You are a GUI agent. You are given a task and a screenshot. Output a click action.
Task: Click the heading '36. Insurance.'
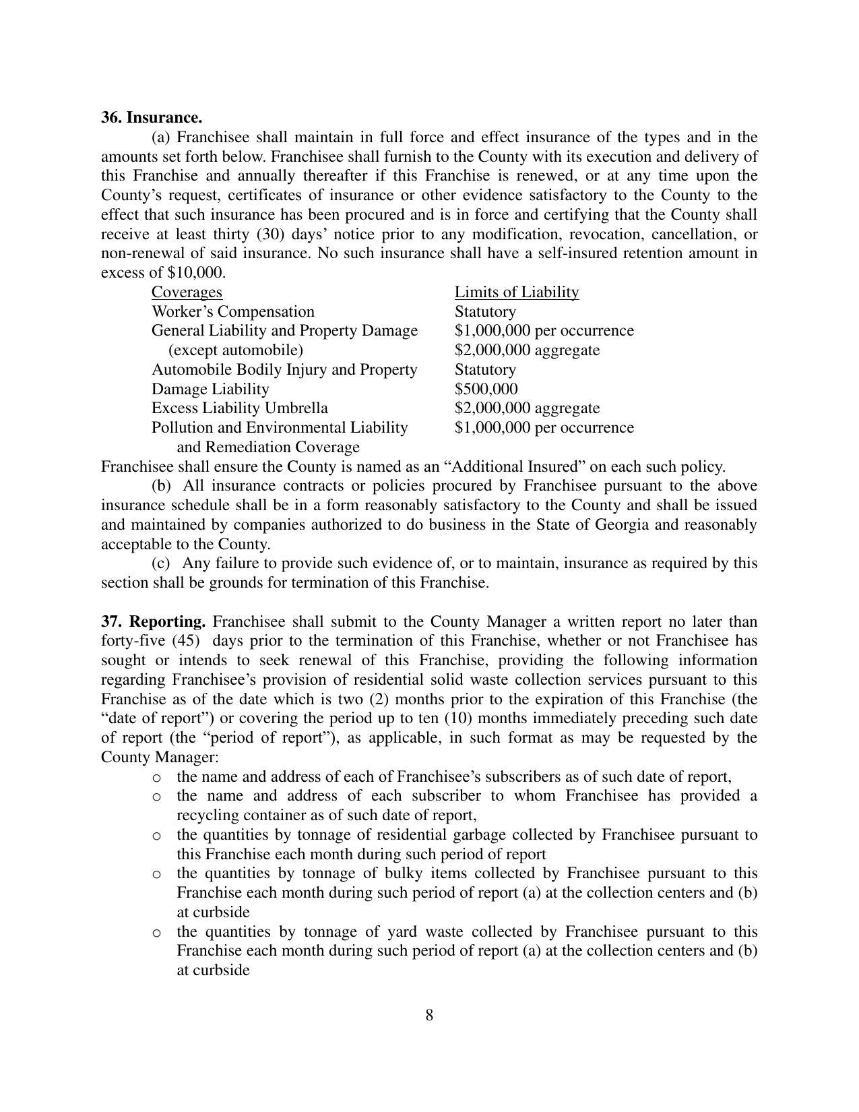(x=151, y=118)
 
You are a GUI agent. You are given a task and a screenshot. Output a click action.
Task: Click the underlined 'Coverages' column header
(x=187, y=292)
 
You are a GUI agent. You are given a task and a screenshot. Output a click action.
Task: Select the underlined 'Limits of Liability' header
(x=516, y=292)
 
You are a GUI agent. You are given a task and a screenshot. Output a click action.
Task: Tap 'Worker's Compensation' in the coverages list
(x=232, y=311)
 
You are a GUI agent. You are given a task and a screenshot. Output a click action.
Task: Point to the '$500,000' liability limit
(x=486, y=389)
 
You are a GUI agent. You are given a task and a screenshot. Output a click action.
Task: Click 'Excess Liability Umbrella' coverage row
(x=239, y=408)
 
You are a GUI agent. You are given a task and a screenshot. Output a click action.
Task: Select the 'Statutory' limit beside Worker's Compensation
(x=485, y=311)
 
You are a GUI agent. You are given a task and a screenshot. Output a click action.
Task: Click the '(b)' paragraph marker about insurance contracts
(x=161, y=486)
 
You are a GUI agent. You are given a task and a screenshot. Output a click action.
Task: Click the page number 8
(x=429, y=1015)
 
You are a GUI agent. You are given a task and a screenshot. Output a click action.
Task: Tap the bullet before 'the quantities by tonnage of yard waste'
(x=156, y=933)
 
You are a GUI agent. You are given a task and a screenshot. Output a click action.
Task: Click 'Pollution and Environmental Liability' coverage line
(x=279, y=428)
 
